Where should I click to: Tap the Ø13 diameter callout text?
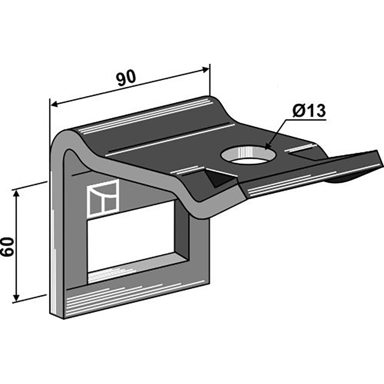click(309, 111)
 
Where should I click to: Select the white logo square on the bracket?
click(103, 198)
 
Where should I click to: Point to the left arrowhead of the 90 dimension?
click(54, 104)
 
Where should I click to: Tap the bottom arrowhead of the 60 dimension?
click(16, 297)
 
